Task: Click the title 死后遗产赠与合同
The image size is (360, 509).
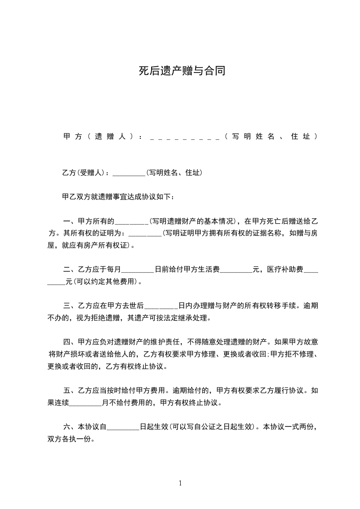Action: pos(182,71)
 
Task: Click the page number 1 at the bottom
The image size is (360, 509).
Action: pos(180,483)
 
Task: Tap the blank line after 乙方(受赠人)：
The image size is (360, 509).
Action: pos(128,173)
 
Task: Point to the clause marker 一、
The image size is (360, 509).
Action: pos(70,222)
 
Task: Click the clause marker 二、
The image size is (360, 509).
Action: pos(70,269)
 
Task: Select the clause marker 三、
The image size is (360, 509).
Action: pos(70,306)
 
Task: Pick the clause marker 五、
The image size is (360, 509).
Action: pos(70,390)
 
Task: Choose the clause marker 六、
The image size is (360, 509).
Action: pos(70,427)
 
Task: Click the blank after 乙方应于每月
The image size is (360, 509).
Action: pos(138,269)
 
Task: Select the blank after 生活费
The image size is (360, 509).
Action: pos(236,269)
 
